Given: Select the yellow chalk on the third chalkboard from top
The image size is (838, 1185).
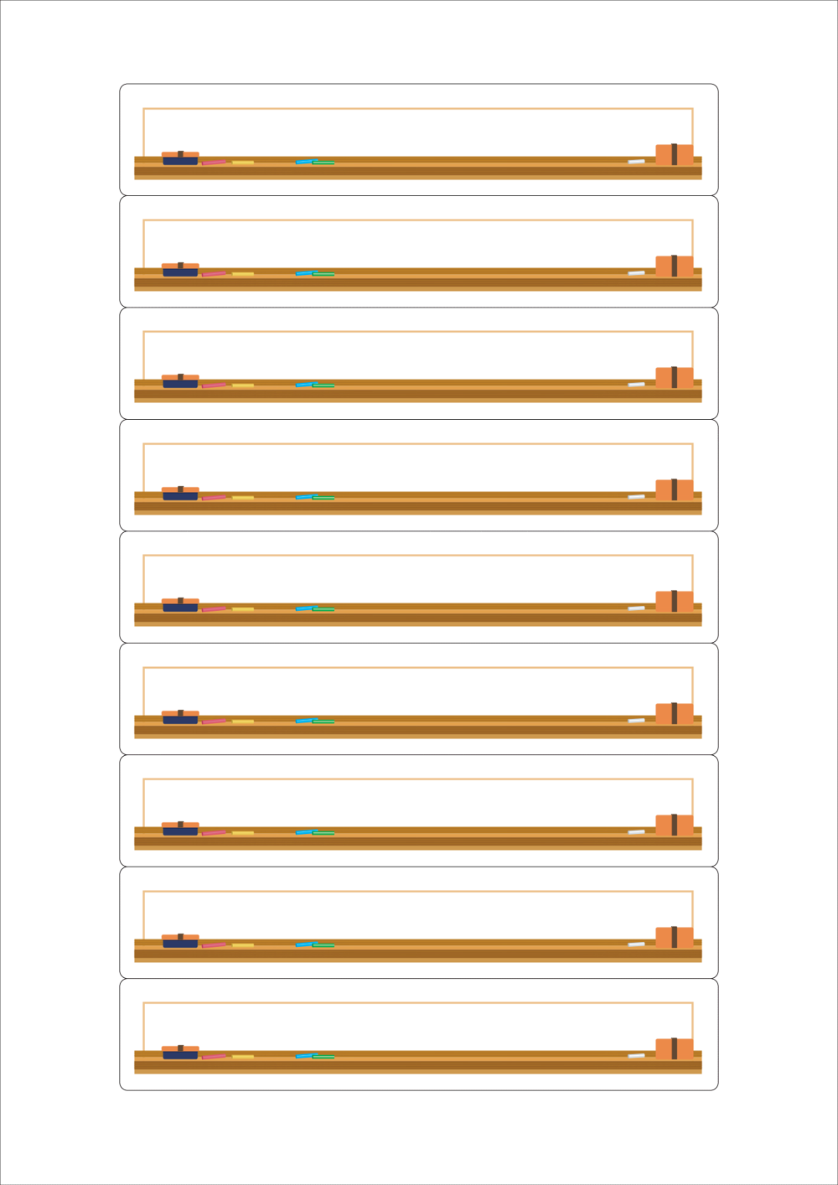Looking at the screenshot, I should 243,386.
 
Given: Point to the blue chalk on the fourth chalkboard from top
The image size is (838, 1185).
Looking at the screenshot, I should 303,497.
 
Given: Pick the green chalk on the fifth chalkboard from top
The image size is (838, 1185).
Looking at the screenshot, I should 324,609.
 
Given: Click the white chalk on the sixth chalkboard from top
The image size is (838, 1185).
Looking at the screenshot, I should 637,720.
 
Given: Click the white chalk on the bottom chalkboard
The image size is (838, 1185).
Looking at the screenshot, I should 637,1055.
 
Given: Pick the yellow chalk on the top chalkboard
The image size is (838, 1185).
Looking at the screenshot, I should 243,162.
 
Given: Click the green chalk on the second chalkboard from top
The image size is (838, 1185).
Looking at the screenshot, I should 324,274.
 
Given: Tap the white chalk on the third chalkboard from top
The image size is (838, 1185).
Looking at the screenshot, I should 637,385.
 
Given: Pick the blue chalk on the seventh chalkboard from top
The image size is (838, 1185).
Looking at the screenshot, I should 303,832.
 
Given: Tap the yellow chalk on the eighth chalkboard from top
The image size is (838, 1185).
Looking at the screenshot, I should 243,944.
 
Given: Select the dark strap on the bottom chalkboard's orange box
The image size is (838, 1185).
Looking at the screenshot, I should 675,1048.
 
